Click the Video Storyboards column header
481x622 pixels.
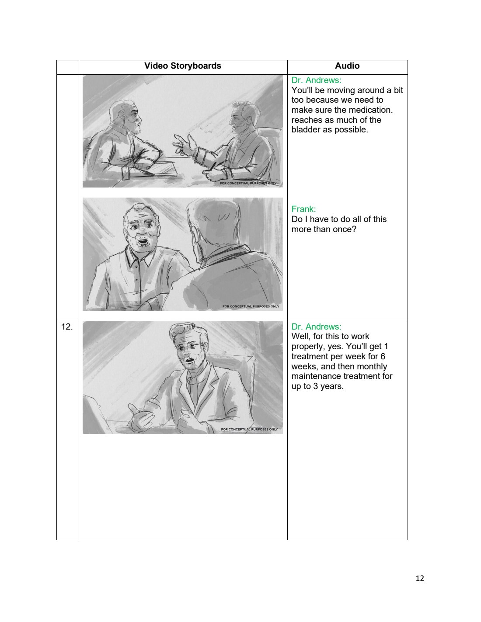(183, 66)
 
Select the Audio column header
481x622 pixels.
(347, 66)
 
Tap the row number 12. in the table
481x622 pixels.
(67, 327)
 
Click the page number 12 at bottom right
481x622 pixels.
(420, 578)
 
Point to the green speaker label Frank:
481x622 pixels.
(303, 209)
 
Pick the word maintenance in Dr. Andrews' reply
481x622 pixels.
(316, 376)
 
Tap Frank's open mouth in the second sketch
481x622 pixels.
(142, 243)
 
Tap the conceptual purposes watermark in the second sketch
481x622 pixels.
(251, 306)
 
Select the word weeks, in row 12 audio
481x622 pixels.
(305, 367)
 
